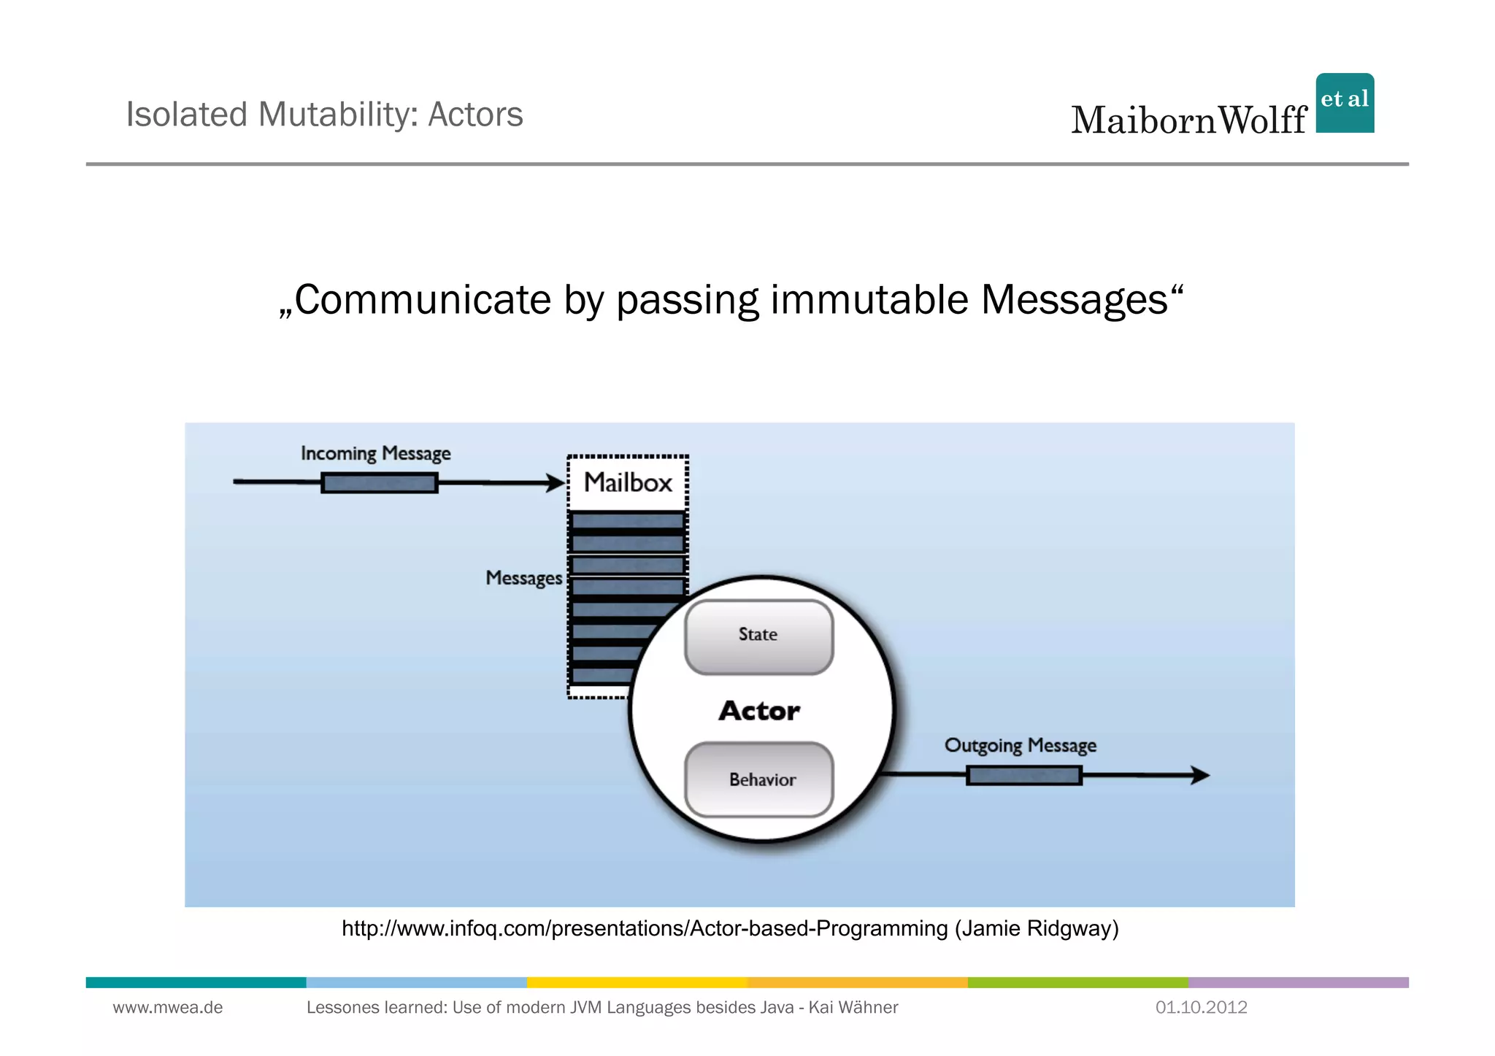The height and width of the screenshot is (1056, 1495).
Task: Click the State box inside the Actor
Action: click(x=758, y=636)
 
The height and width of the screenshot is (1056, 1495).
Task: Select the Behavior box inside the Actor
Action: click(x=759, y=779)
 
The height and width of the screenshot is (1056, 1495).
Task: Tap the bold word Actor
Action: click(x=759, y=711)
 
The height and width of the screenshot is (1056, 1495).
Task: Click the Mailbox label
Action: click(x=628, y=482)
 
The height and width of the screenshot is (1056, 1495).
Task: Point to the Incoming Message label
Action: click(x=375, y=453)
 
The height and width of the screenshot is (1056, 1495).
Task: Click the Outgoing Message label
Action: click(x=1020, y=745)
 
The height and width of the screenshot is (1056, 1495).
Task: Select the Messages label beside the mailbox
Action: click(x=523, y=578)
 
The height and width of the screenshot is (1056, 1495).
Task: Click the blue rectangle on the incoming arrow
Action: click(x=380, y=482)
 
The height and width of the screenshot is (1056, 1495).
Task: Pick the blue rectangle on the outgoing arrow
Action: click(x=1023, y=775)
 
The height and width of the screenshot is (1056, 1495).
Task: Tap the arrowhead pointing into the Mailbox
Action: click(x=557, y=482)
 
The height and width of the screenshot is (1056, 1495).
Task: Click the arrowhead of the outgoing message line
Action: click(x=1200, y=775)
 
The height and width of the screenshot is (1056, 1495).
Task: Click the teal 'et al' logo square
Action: click(x=1345, y=103)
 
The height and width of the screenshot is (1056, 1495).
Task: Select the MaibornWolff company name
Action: click(x=1188, y=120)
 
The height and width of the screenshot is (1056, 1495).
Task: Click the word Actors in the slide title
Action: click(x=475, y=115)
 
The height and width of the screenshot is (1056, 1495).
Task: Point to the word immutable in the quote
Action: click(x=869, y=299)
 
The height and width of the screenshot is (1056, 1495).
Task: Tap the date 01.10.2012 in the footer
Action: click(x=1201, y=1008)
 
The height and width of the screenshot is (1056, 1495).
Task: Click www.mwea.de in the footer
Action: click(x=167, y=1008)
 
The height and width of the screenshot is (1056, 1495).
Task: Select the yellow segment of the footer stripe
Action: click(x=637, y=982)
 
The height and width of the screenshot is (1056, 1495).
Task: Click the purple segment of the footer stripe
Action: click(x=1298, y=982)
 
